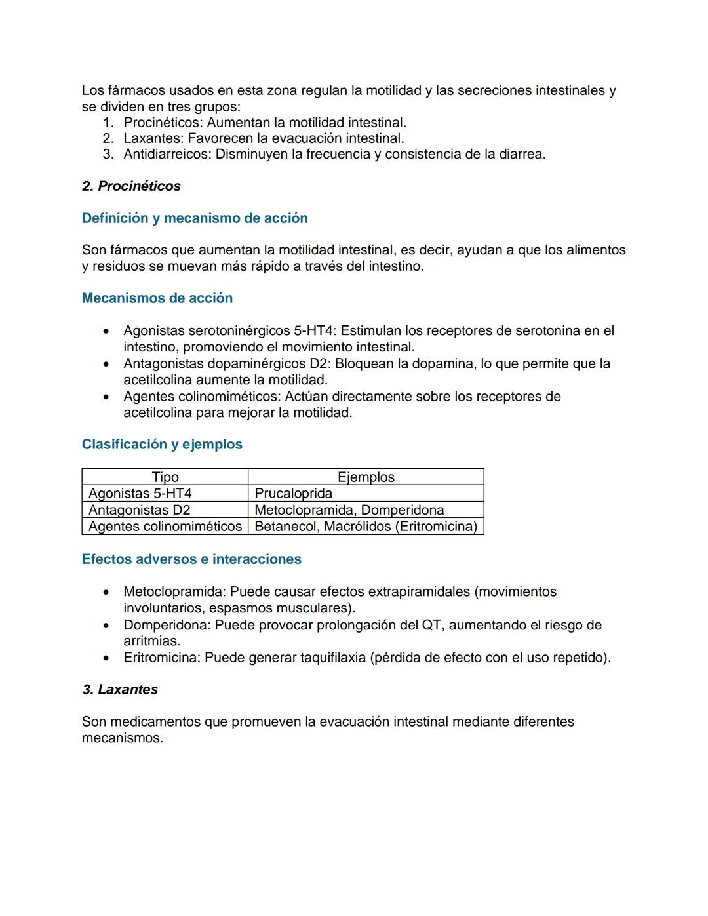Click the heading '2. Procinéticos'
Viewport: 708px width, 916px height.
(131, 186)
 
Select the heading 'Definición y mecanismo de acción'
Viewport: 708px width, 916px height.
(195, 218)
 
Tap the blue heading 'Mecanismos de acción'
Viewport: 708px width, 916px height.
(157, 298)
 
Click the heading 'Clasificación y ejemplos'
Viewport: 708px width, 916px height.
(162, 445)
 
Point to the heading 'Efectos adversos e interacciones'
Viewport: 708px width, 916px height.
(191, 559)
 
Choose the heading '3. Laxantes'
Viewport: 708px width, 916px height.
(120, 690)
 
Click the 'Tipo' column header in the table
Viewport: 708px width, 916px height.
(165, 477)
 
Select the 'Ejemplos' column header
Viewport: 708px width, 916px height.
(366, 477)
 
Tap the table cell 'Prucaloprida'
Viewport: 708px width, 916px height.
(293, 494)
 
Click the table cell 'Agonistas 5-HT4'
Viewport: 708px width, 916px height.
(140, 494)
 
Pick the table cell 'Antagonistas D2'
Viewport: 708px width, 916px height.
(140, 510)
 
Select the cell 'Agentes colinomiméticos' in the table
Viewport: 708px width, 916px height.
(165, 527)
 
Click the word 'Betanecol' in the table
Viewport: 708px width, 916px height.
(285, 527)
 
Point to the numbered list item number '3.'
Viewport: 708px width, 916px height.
(108, 155)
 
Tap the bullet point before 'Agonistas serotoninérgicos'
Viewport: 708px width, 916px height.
(106, 331)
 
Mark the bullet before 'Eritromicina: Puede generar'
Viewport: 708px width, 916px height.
(106, 658)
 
